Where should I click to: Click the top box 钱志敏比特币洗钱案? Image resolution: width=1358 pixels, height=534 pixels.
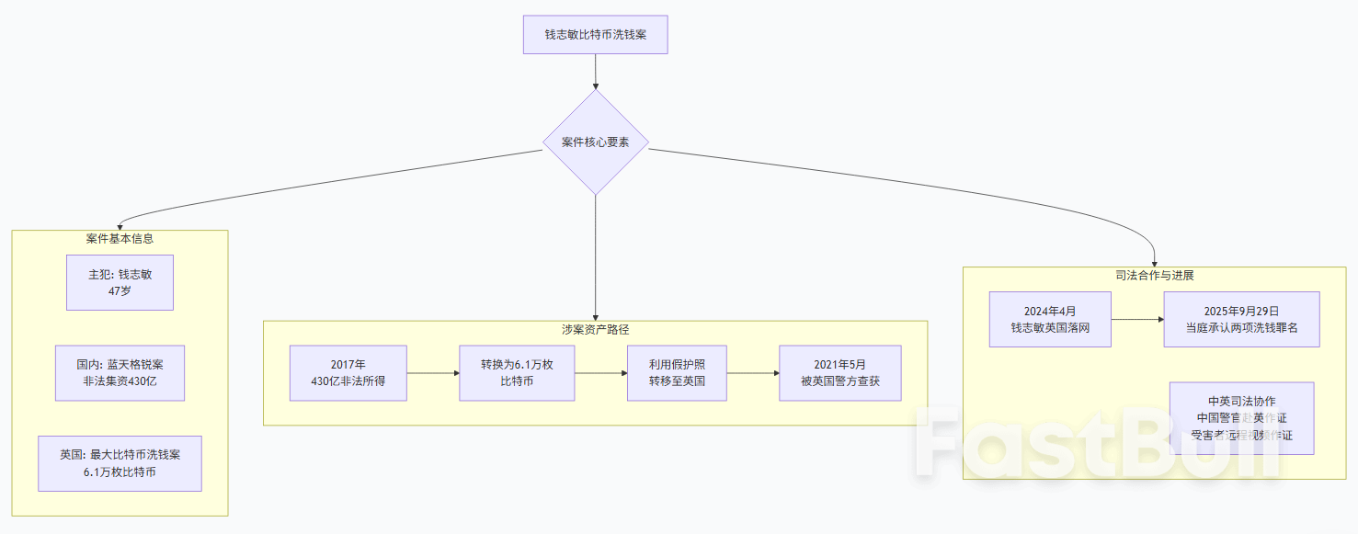[x=595, y=35]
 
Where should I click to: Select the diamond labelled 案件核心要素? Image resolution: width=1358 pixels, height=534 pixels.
[x=595, y=142]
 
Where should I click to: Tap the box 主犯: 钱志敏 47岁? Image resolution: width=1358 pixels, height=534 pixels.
[x=120, y=282]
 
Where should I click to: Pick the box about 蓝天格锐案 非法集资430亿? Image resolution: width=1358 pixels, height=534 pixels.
[x=120, y=372]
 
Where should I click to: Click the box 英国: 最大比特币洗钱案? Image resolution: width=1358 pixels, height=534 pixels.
[x=120, y=463]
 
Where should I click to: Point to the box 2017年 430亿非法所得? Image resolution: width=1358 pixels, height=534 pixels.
[x=348, y=372]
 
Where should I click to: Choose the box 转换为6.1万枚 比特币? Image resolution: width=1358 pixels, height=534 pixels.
[x=517, y=372]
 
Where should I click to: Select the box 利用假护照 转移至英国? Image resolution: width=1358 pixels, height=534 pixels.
[x=677, y=372]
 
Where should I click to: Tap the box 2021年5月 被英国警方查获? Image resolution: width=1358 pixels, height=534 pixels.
[x=839, y=372]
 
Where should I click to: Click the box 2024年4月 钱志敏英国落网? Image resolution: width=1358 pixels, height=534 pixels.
[x=1050, y=319]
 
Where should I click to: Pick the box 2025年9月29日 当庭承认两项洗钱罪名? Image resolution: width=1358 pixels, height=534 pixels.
[x=1241, y=319]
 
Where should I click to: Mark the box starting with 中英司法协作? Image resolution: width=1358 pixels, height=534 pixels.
[x=1241, y=418]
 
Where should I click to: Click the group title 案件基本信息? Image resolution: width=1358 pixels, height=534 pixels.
[x=120, y=238]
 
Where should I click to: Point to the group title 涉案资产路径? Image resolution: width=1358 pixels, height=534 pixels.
[x=595, y=328]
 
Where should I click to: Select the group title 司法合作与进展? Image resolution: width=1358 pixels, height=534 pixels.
[x=1154, y=275]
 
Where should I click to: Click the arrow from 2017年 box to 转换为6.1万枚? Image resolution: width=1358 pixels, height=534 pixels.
[x=432, y=372]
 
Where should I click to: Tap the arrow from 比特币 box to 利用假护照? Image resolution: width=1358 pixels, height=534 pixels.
[x=600, y=372]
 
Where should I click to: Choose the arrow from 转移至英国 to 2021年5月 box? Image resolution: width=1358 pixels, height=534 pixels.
[x=752, y=372]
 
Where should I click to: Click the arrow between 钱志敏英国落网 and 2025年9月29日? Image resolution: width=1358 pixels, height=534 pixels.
[x=1137, y=319]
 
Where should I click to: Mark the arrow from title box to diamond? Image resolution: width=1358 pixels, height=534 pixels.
[x=595, y=71]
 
